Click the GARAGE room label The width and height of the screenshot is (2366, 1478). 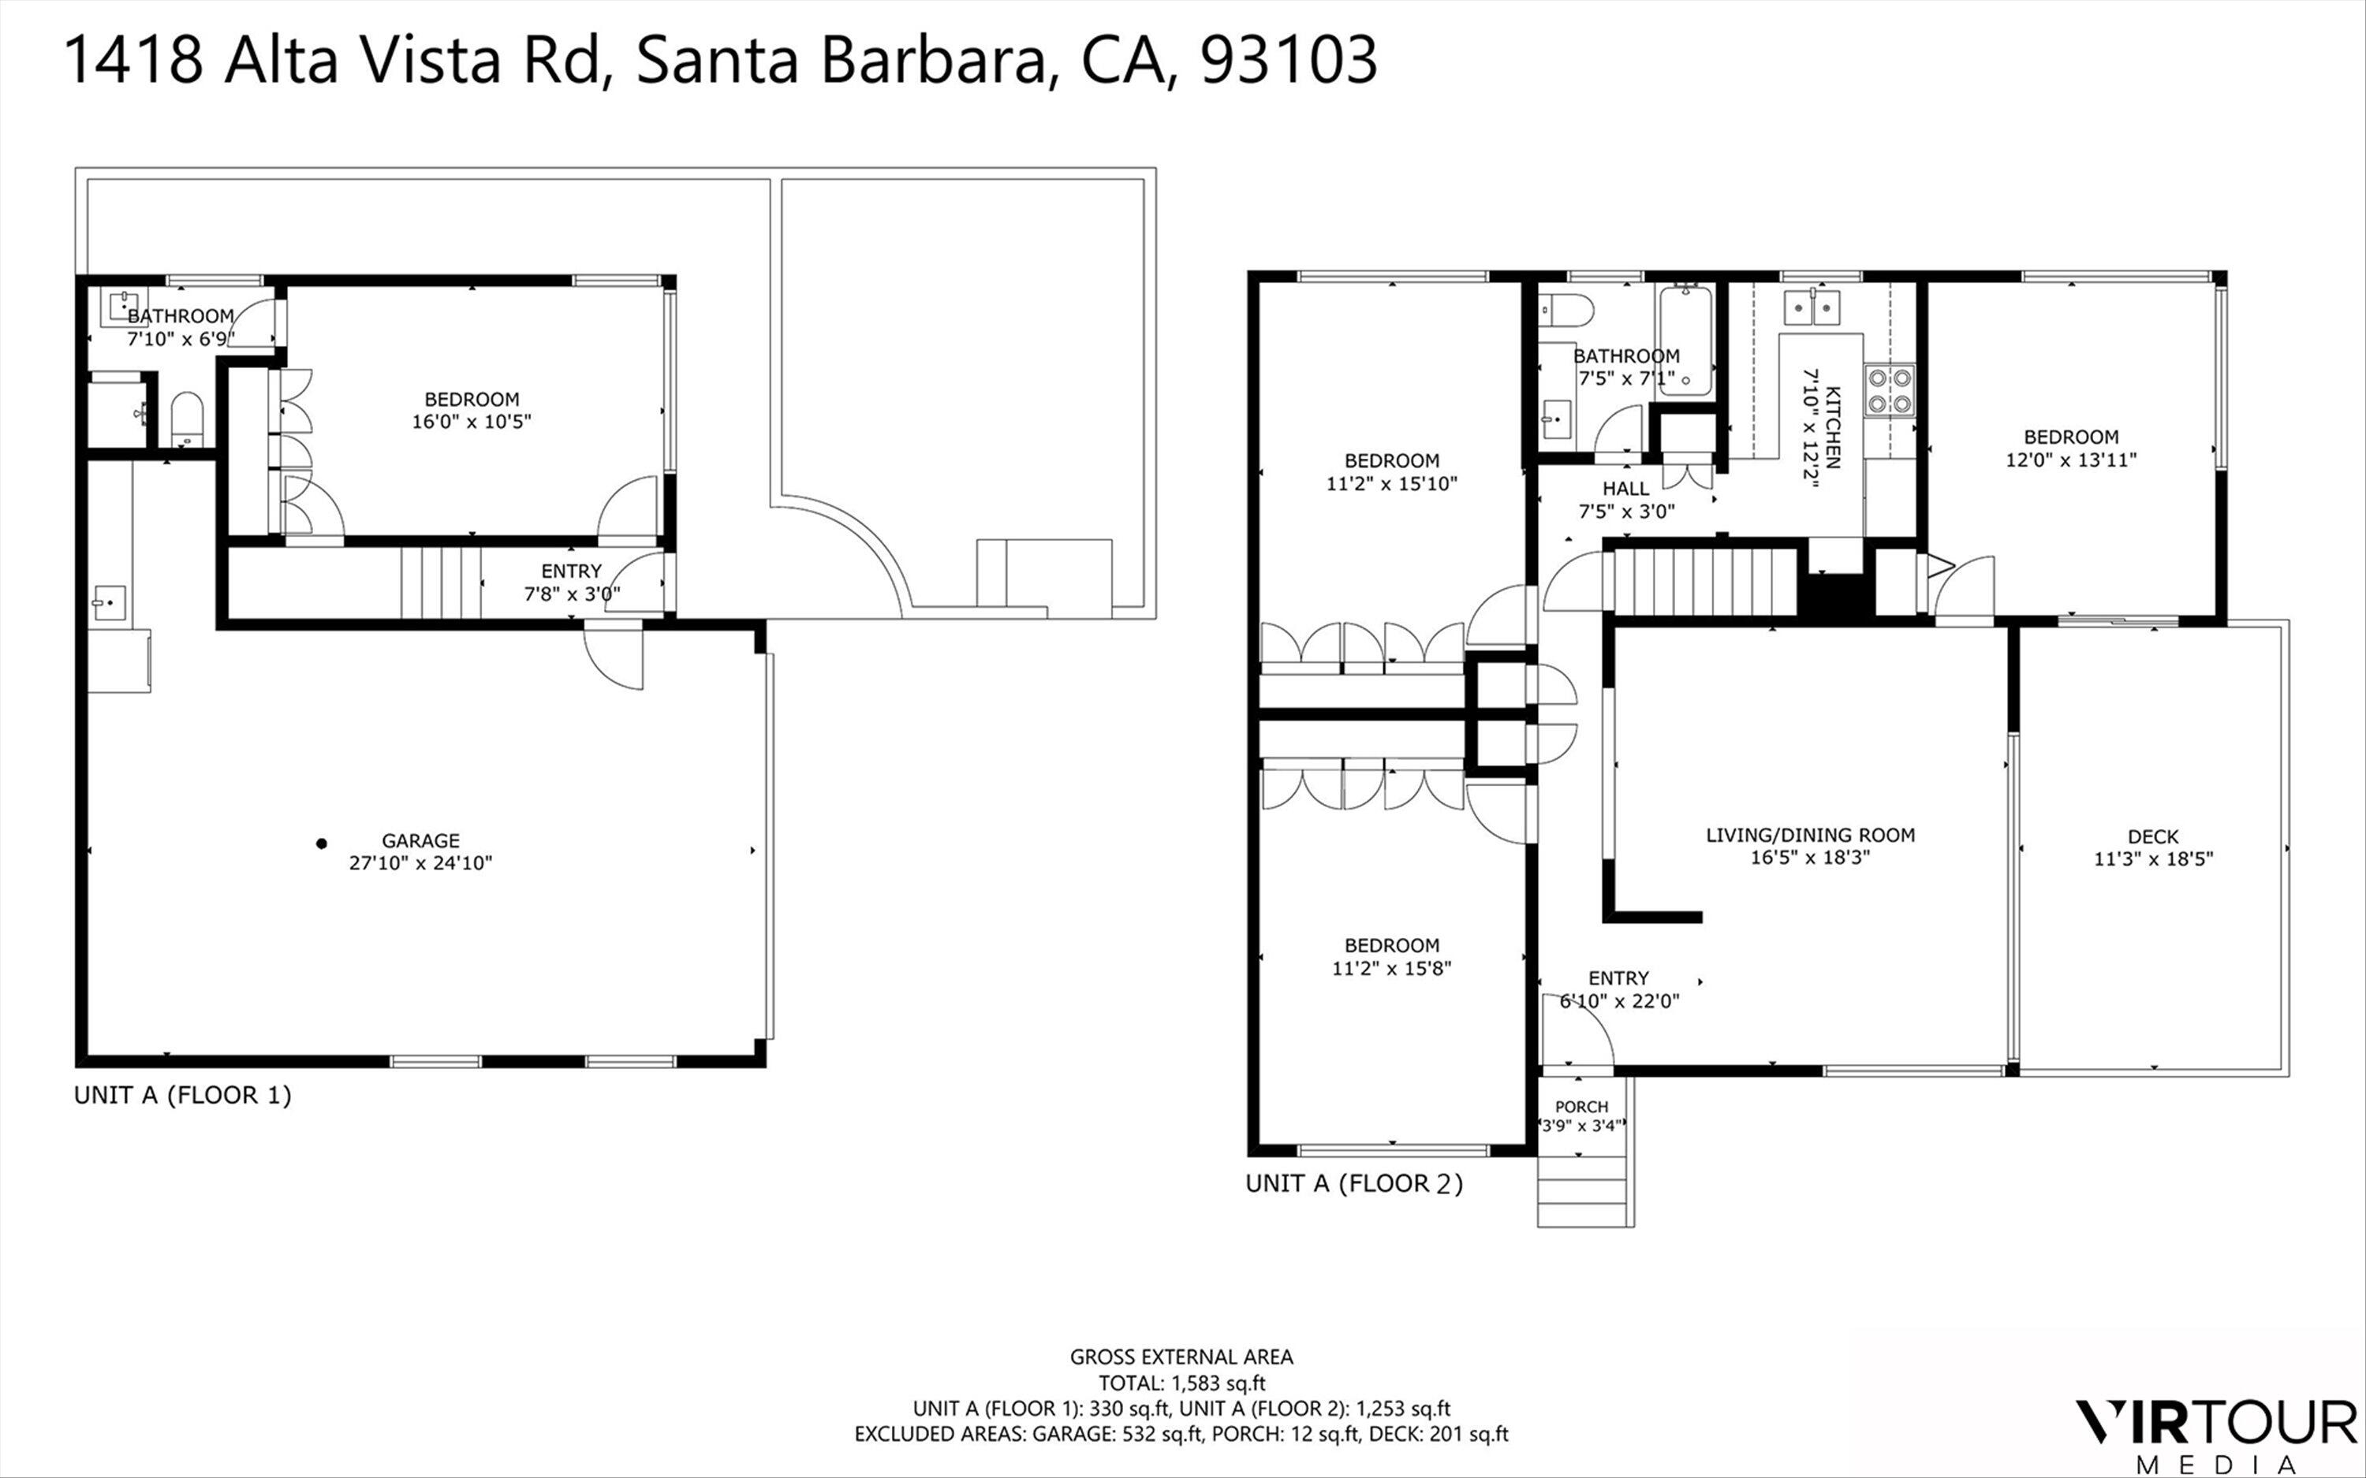420,840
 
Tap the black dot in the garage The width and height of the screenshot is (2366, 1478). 321,843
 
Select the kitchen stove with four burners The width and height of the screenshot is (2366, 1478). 1889,390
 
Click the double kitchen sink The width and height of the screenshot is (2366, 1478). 1812,307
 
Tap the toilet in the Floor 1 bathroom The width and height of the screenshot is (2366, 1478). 186,418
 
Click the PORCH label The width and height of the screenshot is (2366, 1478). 1581,1107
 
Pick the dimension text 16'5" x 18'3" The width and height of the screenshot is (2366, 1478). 1810,858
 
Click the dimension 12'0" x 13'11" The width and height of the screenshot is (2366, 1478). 2071,460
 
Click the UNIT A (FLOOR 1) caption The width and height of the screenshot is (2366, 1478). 183,1095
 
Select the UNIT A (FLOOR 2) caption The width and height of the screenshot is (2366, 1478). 1354,1184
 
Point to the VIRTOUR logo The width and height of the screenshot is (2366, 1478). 2215,1421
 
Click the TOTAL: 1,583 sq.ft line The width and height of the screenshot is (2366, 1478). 1181,1383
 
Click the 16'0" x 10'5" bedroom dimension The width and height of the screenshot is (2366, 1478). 472,421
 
